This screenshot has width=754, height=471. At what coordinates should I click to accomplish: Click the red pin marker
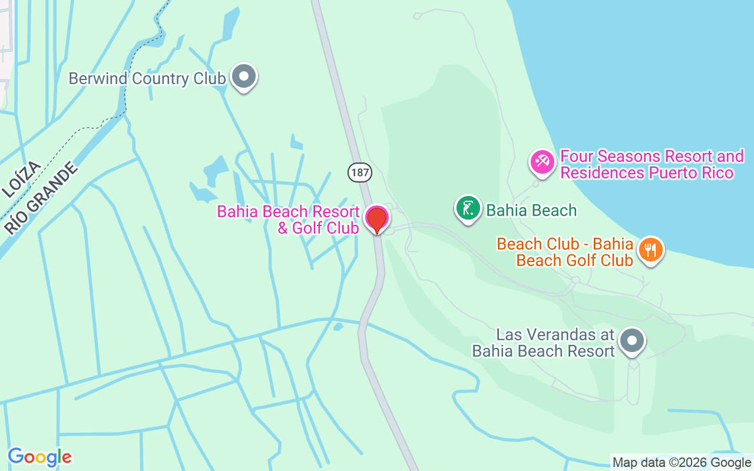coord(377,219)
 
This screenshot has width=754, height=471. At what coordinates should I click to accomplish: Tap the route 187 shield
coord(359,172)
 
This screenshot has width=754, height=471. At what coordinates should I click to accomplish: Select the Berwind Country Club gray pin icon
coord(243,77)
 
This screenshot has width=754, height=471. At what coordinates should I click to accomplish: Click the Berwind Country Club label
coord(147,79)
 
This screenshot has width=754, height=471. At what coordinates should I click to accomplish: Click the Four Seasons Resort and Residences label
coord(652,165)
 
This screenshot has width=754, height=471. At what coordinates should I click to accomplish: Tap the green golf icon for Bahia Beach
coord(468,208)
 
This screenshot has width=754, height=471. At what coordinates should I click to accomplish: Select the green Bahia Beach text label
coord(531,210)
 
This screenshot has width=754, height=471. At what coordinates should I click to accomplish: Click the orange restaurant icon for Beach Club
coord(650,250)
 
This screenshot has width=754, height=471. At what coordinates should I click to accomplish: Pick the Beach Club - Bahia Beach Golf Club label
coord(565,252)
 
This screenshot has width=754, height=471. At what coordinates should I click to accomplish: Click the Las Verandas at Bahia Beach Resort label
coord(543,343)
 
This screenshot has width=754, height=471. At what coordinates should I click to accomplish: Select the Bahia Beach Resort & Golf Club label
coord(289,220)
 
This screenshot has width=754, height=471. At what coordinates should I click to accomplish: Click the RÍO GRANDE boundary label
coord(41,198)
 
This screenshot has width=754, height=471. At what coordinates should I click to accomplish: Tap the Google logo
coord(39,457)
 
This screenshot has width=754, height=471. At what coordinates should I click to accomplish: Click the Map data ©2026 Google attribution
coord(682,463)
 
